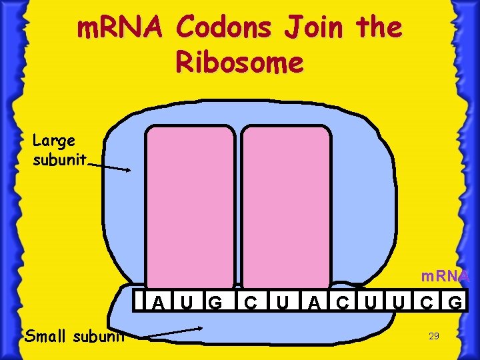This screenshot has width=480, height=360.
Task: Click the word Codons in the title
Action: tap(223, 29)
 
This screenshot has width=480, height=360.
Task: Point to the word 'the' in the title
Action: tap(379, 29)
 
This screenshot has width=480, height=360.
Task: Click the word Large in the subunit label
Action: tap(54, 141)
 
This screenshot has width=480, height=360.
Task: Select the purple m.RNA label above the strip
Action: tap(445, 276)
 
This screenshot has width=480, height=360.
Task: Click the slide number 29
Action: tap(433, 337)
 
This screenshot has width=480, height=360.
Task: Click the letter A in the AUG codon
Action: tap(158, 303)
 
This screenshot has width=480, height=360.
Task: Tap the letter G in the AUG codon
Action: tap(215, 303)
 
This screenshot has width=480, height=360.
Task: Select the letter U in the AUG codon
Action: tap(186, 303)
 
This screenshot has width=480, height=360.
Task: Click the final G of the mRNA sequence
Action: tap(456, 303)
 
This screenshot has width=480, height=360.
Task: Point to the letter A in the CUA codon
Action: tap(313, 303)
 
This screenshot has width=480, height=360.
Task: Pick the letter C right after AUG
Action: tap(250, 303)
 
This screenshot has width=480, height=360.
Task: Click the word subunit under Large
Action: tap(59, 160)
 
